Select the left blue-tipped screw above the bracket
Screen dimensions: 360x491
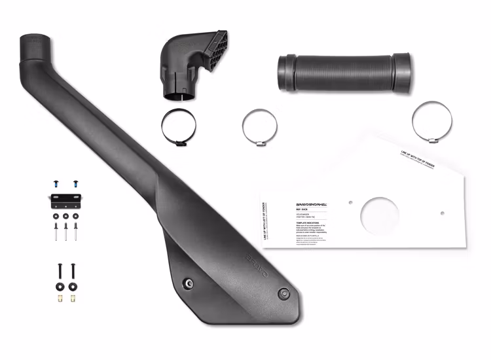[56, 179]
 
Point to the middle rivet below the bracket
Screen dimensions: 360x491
[66, 229]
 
